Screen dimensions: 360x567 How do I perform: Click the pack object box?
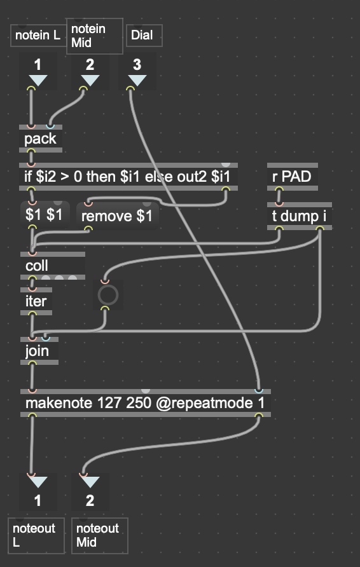[x=41, y=139]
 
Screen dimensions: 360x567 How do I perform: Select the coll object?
[x=53, y=266]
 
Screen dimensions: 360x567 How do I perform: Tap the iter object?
[x=36, y=301]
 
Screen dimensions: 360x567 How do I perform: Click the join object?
[x=39, y=351]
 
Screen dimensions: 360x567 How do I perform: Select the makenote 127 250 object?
[x=146, y=403]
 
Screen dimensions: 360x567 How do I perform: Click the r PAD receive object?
[x=293, y=177]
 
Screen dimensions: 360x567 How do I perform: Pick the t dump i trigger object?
[x=300, y=216]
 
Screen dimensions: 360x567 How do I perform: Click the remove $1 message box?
[x=117, y=216]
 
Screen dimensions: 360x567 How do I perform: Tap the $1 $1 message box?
[x=45, y=214]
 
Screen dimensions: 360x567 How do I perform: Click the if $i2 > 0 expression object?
[x=128, y=177]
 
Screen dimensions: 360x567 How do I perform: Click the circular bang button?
[x=108, y=295]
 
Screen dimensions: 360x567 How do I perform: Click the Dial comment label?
[x=144, y=36]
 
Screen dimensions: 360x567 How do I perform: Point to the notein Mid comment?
[x=95, y=36]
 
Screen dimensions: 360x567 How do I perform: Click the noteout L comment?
[x=36, y=536]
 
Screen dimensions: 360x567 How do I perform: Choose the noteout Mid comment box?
[x=100, y=536]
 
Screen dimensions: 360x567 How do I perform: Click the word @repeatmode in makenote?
[x=205, y=403]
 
